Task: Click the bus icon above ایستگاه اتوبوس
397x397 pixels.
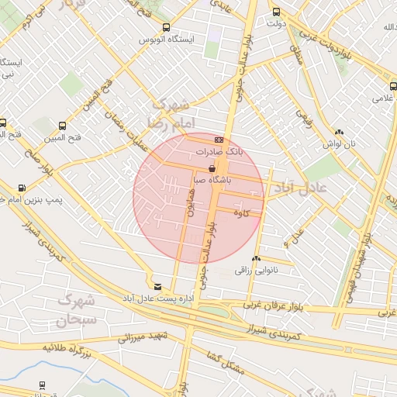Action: tap(166, 27)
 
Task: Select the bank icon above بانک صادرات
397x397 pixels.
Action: tap(219, 140)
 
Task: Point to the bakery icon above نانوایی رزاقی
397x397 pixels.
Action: tap(256, 259)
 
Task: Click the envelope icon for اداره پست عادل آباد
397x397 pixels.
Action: tap(158, 286)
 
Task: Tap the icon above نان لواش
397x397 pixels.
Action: tap(339, 132)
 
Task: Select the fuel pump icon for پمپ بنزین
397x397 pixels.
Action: tap(21, 187)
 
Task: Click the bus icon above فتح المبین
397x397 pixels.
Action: tap(62, 126)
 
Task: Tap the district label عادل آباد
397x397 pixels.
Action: tap(299, 188)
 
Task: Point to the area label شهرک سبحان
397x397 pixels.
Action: tap(76, 309)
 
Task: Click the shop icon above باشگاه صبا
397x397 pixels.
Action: tap(212, 167)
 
